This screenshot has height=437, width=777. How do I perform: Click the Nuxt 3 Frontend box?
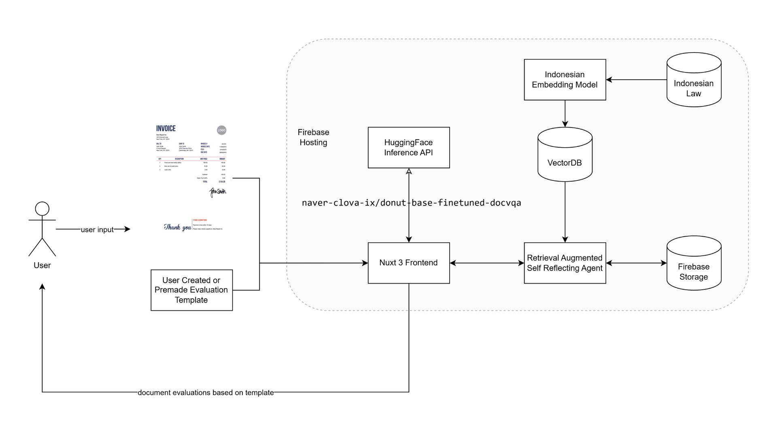409,263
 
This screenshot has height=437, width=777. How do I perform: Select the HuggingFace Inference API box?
409,148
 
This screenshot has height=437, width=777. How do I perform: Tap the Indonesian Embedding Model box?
565,80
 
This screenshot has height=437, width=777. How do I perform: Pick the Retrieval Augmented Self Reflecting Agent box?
565,263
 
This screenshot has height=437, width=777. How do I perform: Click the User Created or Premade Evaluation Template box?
191,290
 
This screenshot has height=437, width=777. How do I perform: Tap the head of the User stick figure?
42,209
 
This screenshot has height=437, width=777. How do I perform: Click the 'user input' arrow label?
97,229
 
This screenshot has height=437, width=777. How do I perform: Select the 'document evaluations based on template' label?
206,392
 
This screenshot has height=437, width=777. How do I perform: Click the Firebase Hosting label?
313,137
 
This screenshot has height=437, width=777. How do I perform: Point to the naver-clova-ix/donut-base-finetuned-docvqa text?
411,203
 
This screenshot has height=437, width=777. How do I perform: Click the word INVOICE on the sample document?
166,128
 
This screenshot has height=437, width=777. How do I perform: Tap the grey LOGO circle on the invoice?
221,130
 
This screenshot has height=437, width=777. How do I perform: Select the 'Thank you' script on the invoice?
177,227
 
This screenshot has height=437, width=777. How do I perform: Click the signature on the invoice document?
217,191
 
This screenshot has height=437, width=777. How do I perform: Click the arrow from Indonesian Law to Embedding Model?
636,80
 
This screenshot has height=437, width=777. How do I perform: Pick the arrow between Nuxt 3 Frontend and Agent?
487,263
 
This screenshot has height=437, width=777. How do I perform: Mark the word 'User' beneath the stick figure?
42,265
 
